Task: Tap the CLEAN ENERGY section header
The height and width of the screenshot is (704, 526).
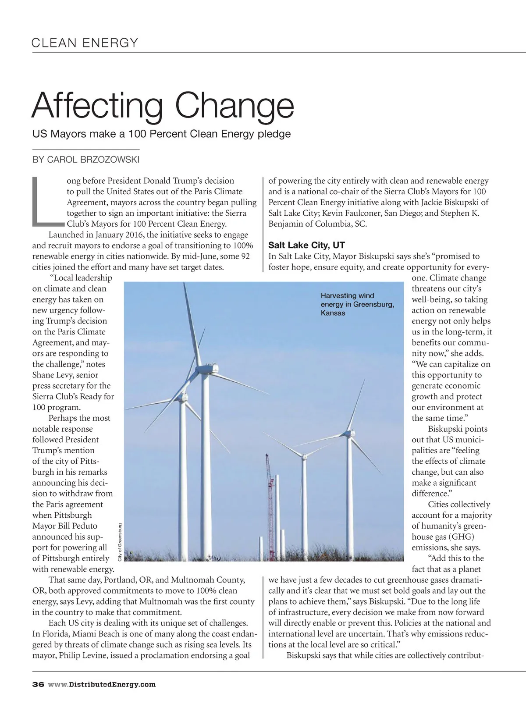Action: point(85,43)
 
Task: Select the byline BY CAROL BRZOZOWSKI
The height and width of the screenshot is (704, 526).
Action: point(86,160)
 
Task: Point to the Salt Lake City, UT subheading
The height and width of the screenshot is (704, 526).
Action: point(306,245)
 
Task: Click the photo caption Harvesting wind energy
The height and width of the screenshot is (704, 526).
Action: point(357,304)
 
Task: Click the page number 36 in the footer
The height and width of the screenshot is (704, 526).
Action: point(38,684)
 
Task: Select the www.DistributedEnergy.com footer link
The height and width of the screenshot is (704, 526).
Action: point(102,684)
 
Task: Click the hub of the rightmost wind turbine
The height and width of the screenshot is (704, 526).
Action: point(349,434)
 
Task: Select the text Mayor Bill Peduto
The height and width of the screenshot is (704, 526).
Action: point(65,526)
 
